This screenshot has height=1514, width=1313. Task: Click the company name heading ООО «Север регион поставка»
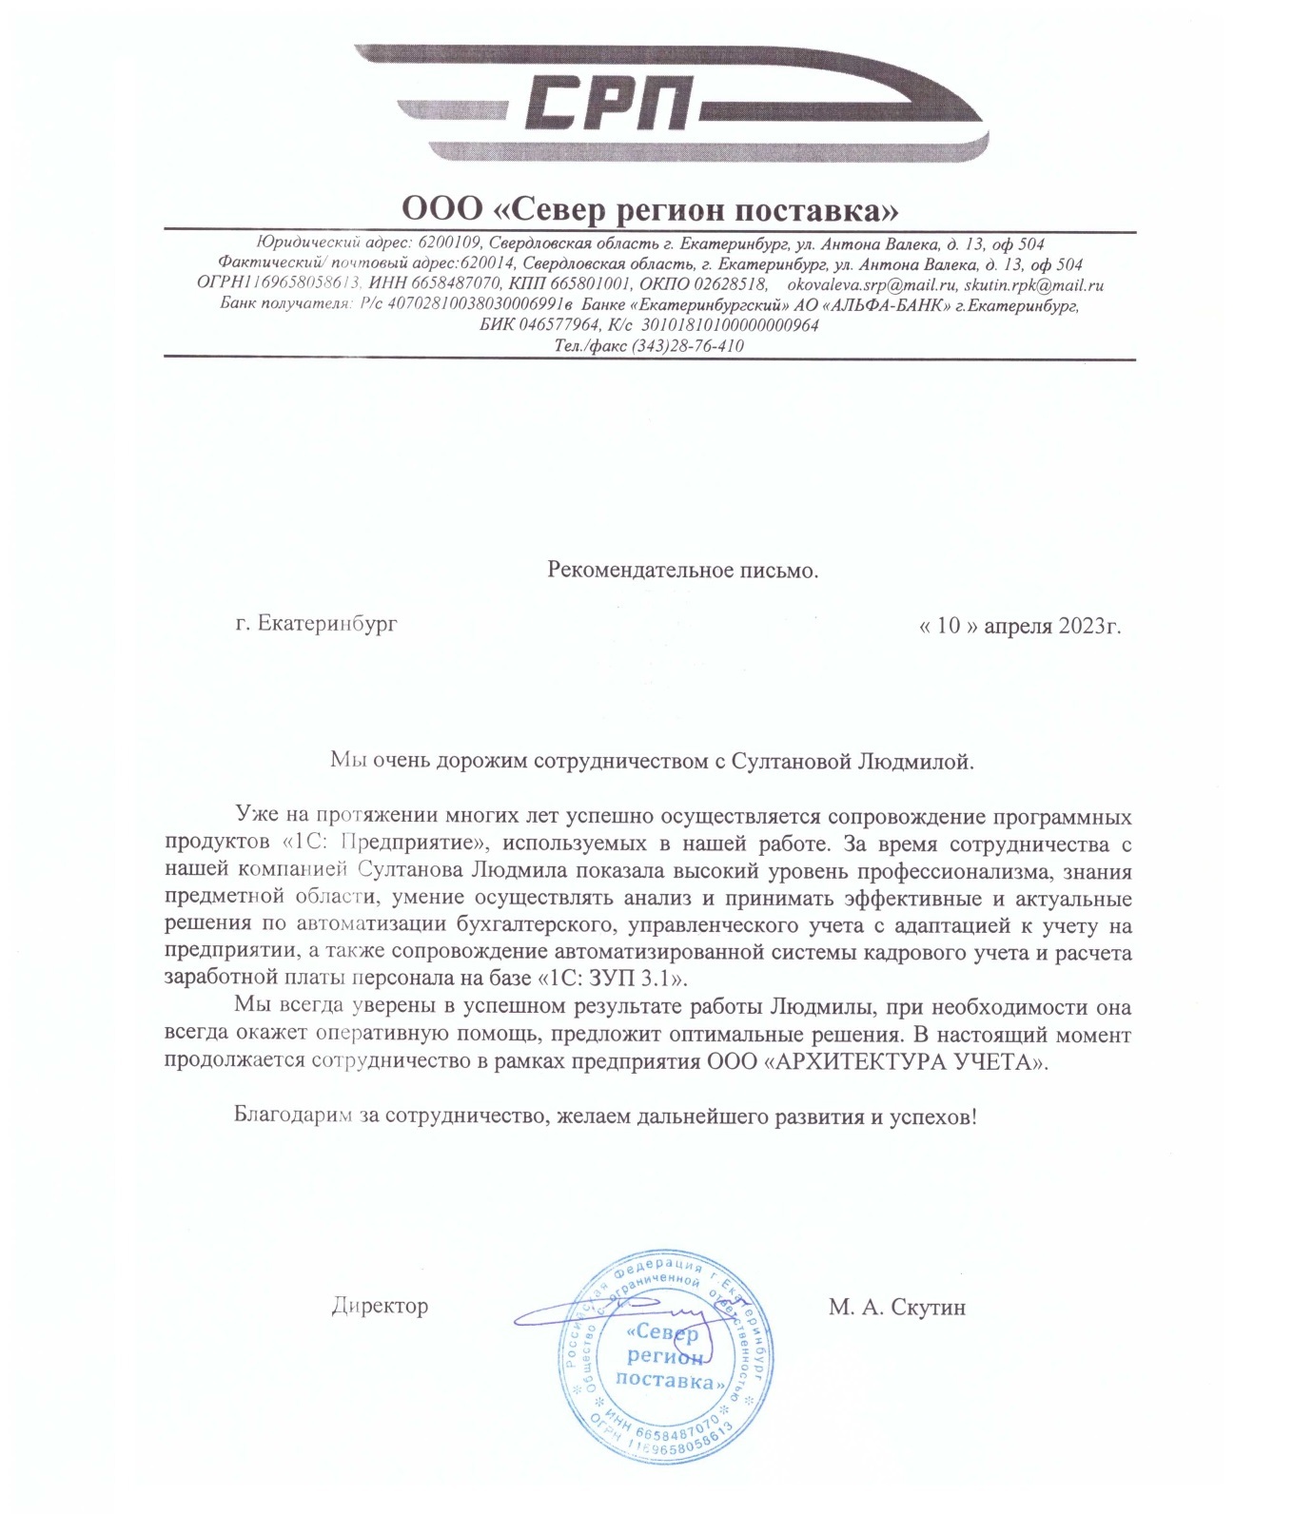pos(650,208)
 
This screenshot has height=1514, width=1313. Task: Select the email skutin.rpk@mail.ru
pos(1033,284)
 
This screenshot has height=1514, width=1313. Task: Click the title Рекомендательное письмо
pos(682,571)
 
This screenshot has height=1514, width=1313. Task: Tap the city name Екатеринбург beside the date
pos(327,624)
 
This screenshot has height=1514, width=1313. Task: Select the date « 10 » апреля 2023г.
pos(1019,626)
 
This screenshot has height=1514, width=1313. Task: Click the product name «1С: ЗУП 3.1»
pos(613,979)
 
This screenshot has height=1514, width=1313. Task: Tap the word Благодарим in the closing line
pos(293,1116)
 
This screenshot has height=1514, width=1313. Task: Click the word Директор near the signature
pos(380,1306)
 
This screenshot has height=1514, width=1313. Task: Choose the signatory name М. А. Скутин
pos(896,1308)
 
